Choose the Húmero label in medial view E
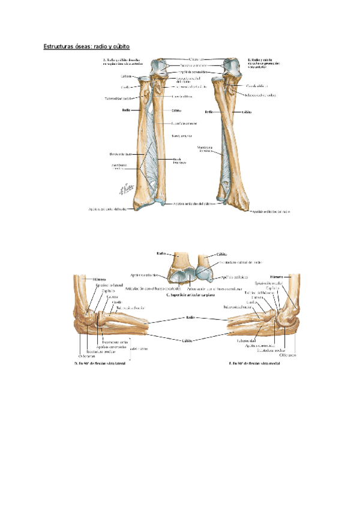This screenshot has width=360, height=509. (x=276, y=277)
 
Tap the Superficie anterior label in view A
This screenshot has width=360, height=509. (x=185, y=124)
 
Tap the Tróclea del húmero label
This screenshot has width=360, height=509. (x=257, y=292)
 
